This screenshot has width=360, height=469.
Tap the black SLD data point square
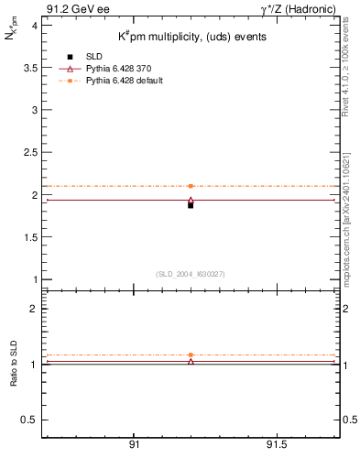(x=191, y=205)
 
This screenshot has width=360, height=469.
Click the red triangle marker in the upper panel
(x=191, y=200)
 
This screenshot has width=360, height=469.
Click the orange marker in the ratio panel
(x=191, y=354)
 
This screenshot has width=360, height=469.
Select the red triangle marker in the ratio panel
(x=191, y=362)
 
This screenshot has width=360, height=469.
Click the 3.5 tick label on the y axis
(x=30, y=68)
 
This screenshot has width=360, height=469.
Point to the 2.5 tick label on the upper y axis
(x=30, y=152)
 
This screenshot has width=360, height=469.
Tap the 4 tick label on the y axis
(x=34, y=26)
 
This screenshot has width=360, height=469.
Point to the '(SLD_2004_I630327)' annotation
(x=191, y=274)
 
